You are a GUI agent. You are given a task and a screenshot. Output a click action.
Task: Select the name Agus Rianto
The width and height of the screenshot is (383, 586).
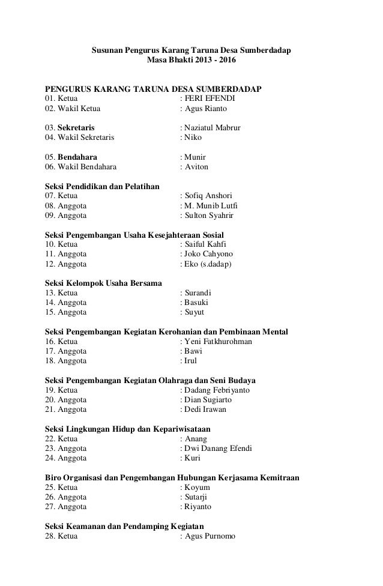(x=206, y=109)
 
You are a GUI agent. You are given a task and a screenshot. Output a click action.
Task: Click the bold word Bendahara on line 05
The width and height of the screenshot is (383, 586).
(x=76, y=157)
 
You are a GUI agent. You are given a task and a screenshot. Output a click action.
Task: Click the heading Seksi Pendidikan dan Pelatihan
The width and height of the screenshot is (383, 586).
(x=103, y=186)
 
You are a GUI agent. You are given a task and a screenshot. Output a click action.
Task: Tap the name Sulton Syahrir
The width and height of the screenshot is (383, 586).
(x=210, y=215)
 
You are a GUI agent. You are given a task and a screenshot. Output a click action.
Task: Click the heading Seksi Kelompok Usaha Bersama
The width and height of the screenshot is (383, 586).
(x=103, y=283)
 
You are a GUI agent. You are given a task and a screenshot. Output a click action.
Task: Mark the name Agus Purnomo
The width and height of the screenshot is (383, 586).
(x=210, y=536)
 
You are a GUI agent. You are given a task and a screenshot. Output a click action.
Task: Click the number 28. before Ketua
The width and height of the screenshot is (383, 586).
(x=50, y=536)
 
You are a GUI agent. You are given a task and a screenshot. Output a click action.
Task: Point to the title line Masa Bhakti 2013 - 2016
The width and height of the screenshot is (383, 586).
(x=191, y=61)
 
